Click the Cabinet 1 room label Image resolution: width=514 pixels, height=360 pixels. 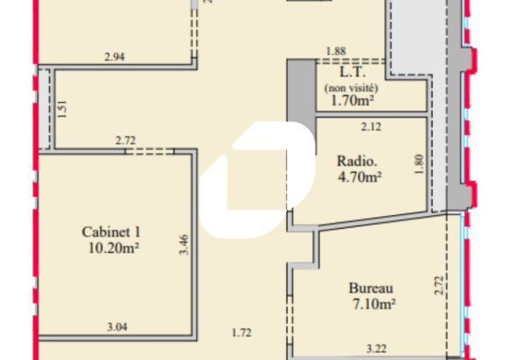(x=111, y=232)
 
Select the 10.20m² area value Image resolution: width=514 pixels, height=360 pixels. (x=113, y=248)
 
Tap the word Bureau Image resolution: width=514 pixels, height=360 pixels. (x=371, y=288)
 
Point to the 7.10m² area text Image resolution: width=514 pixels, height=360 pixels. (x=374, y=304)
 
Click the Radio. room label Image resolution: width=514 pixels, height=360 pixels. (x=357, y=161)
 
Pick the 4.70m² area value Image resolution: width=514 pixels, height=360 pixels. (x=360, y=177)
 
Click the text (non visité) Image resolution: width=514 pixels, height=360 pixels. (x=351, y=88)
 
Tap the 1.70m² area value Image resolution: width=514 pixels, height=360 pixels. (x=352, y=100)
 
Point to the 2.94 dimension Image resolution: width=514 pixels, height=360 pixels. (x=115, y=57)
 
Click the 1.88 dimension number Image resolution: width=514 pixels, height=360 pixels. (x=336, y=51)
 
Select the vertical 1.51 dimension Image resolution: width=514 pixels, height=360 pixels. (x=62, y=109)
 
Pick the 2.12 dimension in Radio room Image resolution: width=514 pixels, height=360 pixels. (x=371, y=127)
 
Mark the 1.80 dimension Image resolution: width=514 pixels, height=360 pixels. (x=419, y=165)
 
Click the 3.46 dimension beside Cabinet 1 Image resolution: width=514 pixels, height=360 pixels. (x=184, y=244)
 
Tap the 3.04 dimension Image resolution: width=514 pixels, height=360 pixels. (x=117, y=327)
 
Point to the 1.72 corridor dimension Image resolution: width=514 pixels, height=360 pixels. (x=242, y=333)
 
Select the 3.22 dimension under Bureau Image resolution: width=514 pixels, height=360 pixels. (x=376, y=349)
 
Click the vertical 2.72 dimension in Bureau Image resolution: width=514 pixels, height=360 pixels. (x=439, y=285)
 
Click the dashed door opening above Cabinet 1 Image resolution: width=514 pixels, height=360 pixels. (x=149, y=151)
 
